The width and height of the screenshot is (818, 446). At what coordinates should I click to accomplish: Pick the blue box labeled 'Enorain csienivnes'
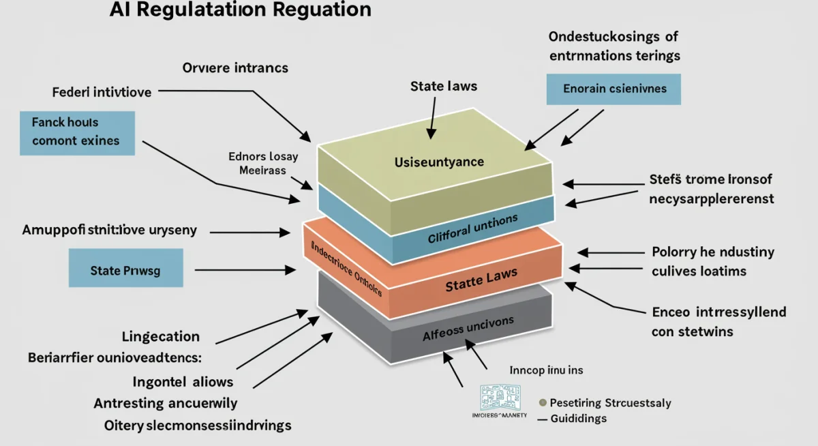coord(614,89)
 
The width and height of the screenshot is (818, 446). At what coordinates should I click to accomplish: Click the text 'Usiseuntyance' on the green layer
coord(439,162)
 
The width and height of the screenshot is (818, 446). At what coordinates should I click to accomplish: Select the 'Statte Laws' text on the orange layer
coord(481,279)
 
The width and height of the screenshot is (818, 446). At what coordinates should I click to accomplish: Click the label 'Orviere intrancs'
coord(235,68)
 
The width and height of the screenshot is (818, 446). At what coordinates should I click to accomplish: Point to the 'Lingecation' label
coord(160,336)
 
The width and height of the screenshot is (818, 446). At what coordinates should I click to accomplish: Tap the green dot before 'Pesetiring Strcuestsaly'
coord(543,403)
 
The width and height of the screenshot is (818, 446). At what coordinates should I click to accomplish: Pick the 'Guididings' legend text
coord(578,418)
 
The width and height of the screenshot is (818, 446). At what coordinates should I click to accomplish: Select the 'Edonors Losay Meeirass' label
coord(263,163)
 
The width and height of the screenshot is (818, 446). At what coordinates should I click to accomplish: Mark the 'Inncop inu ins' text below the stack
coord(547,370)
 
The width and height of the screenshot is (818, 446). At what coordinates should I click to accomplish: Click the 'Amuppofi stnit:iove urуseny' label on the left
coord(109,230)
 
